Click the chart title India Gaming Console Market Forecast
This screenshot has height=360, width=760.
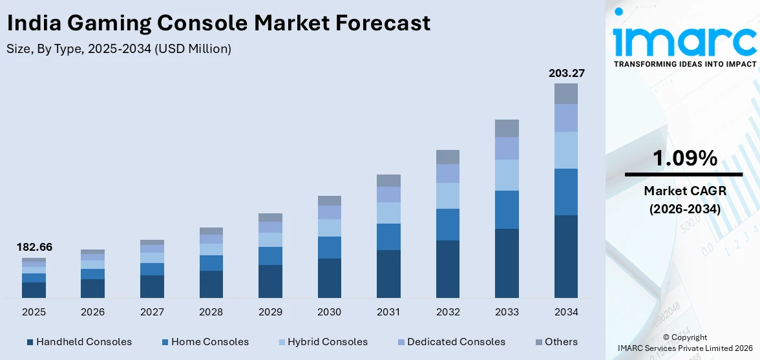[x=218, y=23]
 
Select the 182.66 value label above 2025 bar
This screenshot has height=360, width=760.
[x=34, y=248]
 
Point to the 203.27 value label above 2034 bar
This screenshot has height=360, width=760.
[x=566, y=74]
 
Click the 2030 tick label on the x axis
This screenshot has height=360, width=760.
[x=329, y=312]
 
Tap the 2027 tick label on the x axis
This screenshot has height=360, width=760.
[x=152, y=312]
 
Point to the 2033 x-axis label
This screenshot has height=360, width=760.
[x=507, y=312]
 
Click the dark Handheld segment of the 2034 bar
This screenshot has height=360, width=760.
[x=566, y=256]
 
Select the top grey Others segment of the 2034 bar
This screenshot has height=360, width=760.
[x=566, y=94]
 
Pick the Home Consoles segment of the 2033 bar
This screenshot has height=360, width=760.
[x=507, y=209]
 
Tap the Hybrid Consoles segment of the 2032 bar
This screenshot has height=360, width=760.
[x=448, y=195]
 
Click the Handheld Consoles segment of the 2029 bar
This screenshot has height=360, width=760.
[x=270, y=281]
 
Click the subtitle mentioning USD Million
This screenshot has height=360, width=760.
[x=119, y=48]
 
